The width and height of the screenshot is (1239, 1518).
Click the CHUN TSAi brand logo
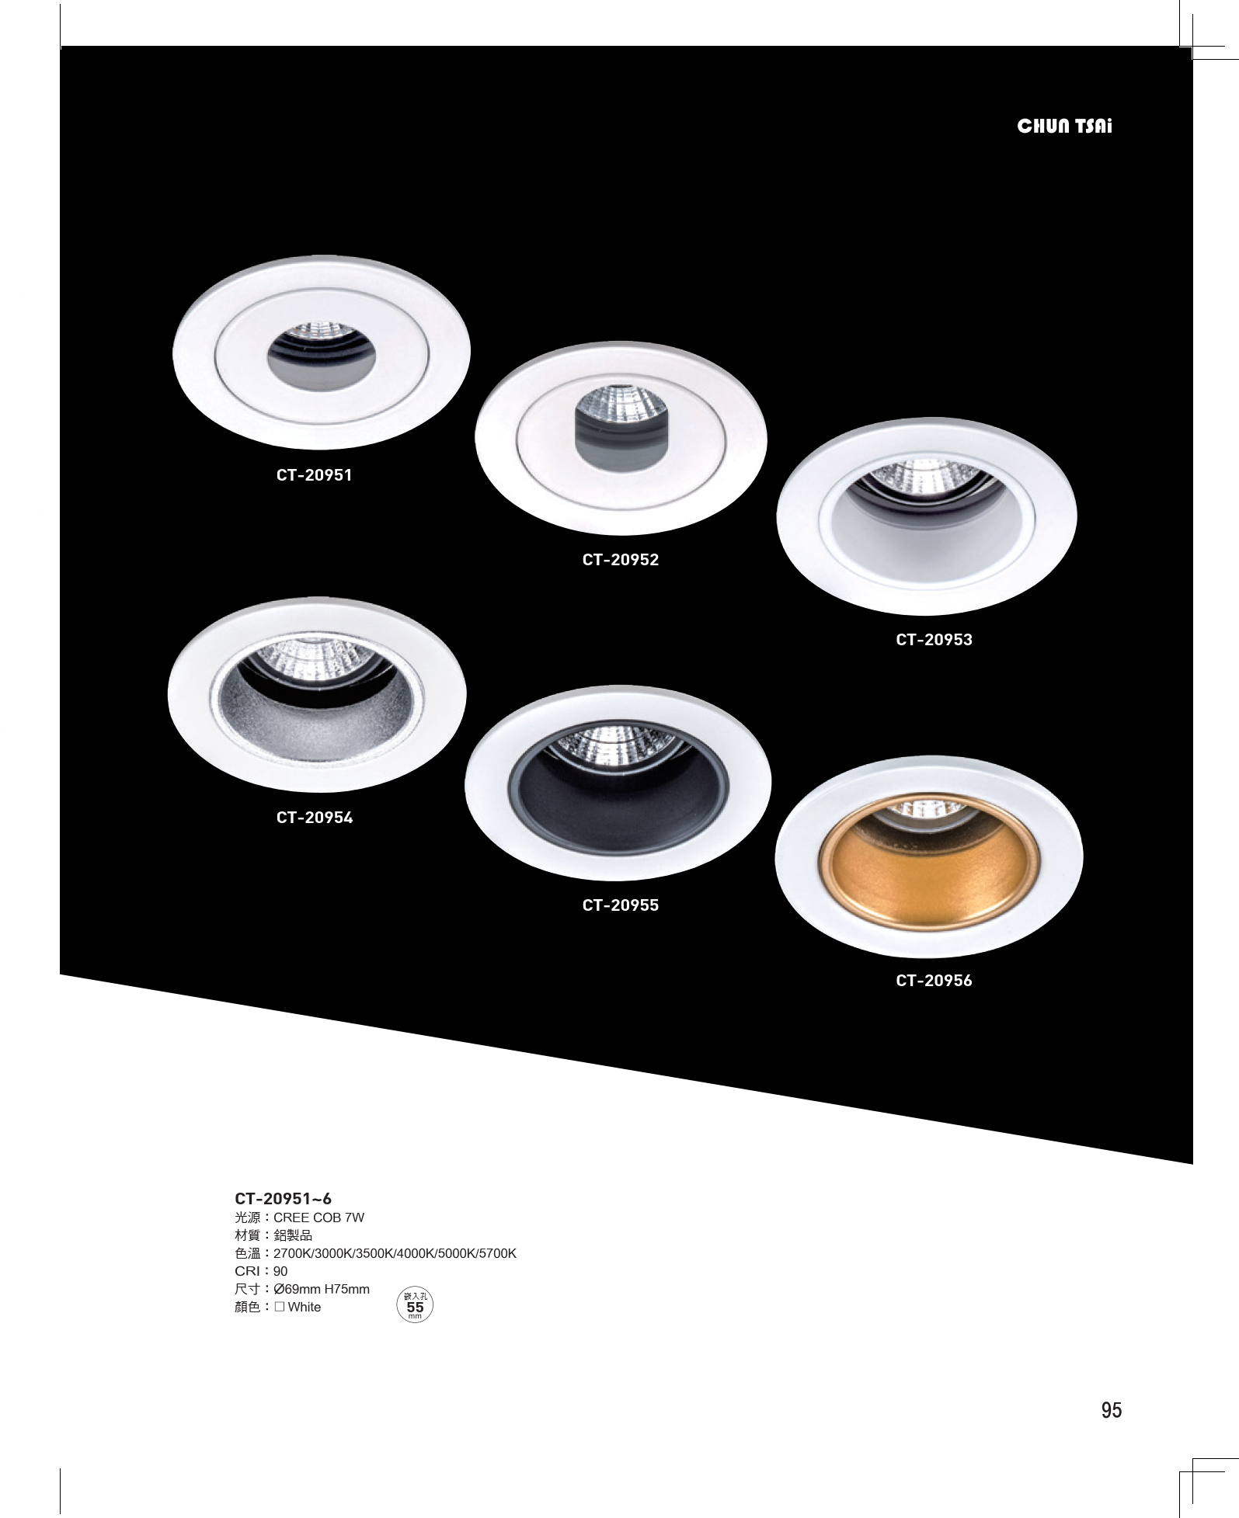[1064, 127]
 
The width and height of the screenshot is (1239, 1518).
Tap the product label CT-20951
[315, 475]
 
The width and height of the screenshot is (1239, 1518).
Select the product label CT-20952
[621, 560]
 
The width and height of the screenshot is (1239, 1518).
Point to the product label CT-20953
[934, 640]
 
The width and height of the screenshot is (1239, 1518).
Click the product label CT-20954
[315, 818]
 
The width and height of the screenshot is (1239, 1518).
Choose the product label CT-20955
[621, 905]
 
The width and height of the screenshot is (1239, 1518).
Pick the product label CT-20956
[934, 981]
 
